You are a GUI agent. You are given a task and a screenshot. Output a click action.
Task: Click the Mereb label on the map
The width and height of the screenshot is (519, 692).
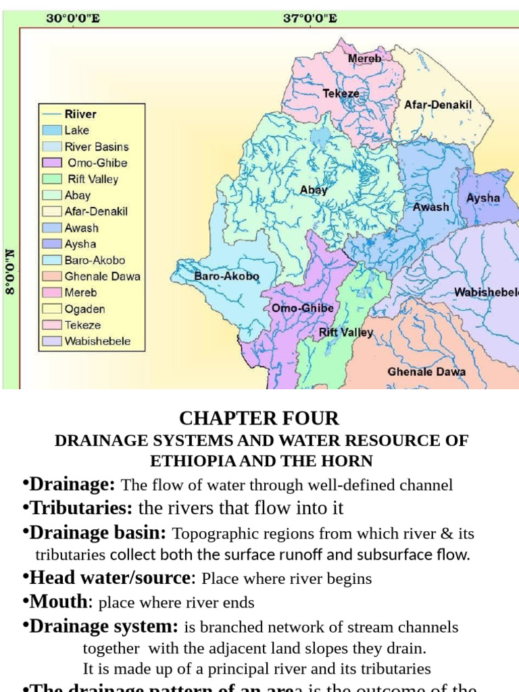tap(364, 59)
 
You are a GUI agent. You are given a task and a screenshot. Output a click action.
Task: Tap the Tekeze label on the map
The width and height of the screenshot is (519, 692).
tap(341, 93)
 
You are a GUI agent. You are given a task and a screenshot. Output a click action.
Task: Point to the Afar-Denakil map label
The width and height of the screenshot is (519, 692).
tap(437, 105)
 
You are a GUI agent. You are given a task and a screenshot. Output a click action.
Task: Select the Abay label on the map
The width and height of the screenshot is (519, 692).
tap(314, 190)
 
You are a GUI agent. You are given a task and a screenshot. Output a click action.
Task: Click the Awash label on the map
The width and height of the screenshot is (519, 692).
tap(430, 207)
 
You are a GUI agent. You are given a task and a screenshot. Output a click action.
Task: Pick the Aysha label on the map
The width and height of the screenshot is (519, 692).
tap(483, 198)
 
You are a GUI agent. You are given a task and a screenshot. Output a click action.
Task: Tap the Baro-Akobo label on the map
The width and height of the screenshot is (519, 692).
tap(226, 276)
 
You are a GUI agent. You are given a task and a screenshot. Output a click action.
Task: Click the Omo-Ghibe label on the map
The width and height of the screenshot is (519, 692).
tap(302, 308)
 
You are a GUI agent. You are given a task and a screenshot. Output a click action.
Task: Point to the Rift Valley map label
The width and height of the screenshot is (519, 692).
tap(345, 332)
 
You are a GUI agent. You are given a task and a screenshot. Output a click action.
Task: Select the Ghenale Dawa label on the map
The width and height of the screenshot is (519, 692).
tap(426, 372)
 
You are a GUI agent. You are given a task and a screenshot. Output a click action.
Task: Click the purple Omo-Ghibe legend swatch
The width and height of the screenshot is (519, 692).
tap(52, 163)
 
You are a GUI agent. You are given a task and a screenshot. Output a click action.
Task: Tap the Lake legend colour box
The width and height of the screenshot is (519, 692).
tap(52, 130)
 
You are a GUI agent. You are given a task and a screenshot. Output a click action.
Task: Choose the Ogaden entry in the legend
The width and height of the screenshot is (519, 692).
tap(84, 309)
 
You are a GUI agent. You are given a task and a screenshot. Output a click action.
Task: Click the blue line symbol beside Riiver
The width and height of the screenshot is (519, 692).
tap(52, 114)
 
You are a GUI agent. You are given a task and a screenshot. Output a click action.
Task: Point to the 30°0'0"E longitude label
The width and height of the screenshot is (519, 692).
tap(73, 18)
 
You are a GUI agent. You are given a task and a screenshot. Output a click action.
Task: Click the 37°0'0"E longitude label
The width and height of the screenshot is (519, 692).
tap(310, 18)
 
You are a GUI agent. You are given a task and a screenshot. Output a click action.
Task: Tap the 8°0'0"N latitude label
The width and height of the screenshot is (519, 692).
tap(10, 270)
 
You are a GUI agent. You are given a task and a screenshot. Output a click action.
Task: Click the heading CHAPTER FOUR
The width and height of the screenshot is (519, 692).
tap(259, 418)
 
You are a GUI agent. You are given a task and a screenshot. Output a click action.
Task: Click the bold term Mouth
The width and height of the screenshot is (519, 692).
tap(58, 601)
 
